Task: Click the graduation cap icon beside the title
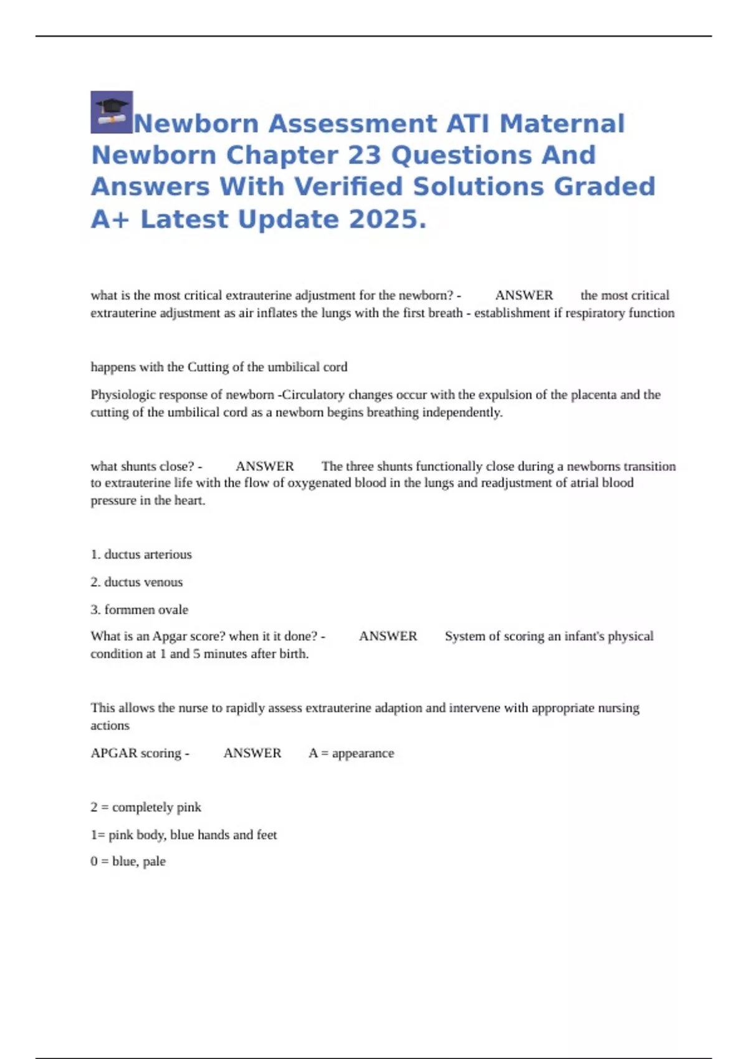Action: click(112, 112)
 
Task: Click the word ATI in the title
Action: click(467, 123)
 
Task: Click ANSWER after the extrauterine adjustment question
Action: click(524, 295)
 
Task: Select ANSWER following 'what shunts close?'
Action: click(264, 466)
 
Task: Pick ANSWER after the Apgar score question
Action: click(388, 636)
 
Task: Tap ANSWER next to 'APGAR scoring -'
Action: click(252, 753)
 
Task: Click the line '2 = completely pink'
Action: click(146, 807)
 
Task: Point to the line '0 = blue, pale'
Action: click(128, 862)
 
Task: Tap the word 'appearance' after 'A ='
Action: click(363, 753)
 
